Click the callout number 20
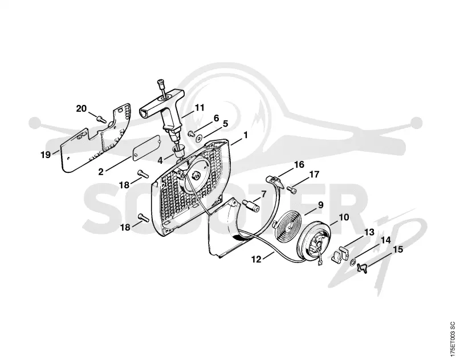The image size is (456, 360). (82, 108)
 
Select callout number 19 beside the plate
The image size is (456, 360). (46, 155)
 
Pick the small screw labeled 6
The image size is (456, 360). (192, 134)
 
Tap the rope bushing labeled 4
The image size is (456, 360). (180, 152)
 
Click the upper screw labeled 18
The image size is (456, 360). (143, 174)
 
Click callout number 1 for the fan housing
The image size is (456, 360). (246, 135)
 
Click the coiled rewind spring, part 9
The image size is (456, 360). (287, 226)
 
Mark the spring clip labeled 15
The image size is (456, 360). (363, 268)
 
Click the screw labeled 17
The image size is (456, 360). (292, 189)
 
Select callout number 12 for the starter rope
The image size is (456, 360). (256, 258)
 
